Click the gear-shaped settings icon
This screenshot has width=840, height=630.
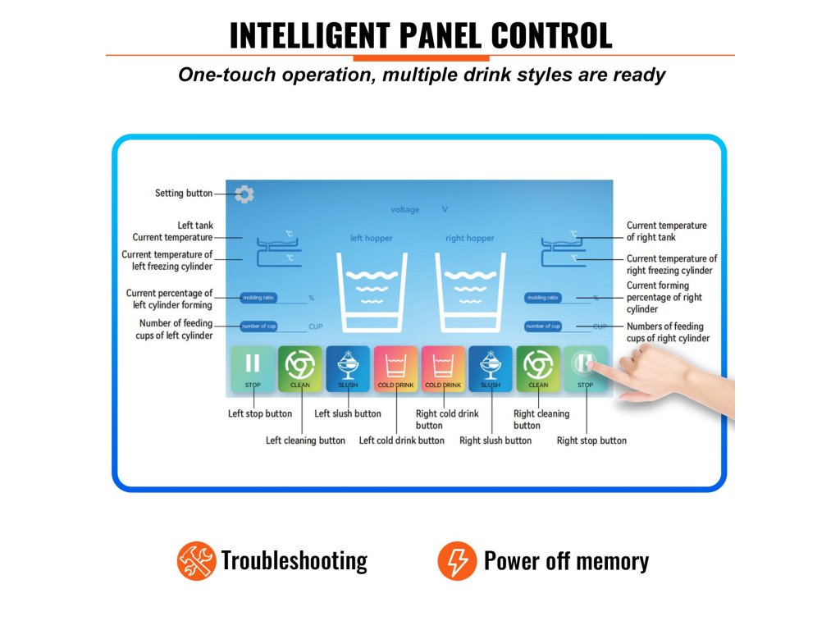244,194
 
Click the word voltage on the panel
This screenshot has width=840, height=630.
404,210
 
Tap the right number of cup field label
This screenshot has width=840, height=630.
544,326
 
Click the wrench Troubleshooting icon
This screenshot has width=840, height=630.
195,561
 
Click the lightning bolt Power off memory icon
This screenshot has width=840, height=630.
456,561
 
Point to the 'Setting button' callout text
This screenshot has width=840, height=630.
184,194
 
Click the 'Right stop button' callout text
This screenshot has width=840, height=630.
591,441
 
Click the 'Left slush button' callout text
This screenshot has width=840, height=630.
348,413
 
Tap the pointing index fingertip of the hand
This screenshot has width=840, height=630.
594,366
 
